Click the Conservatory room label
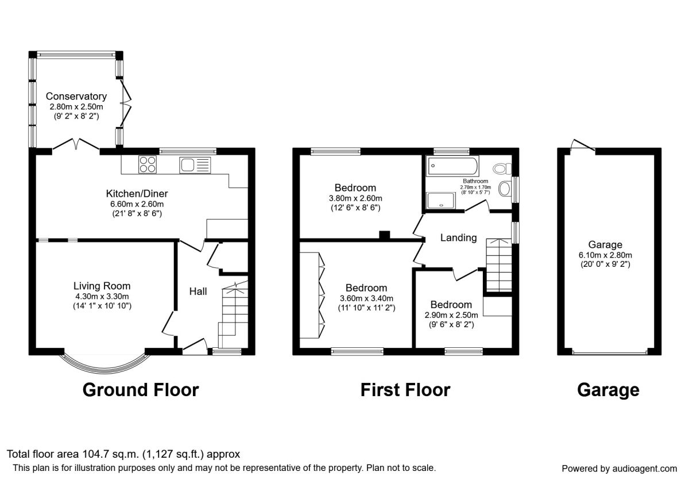click(x=76, y=96)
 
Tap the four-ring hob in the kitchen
click(x=148, y=165)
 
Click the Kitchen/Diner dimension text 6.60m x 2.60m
click(x=137, y=204)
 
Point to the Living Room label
click(x=102, y=286)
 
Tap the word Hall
click(x=198, y=292)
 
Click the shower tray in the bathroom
click(x=440, y=200)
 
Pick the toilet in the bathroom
click(x=502, y=168)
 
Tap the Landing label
click(x=458, y=237)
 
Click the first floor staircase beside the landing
click(x=498, y=266)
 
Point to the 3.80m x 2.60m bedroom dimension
click(x=355, y=198)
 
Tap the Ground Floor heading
click(x=141, y=390)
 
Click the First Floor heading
click(x=405, y=390)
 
